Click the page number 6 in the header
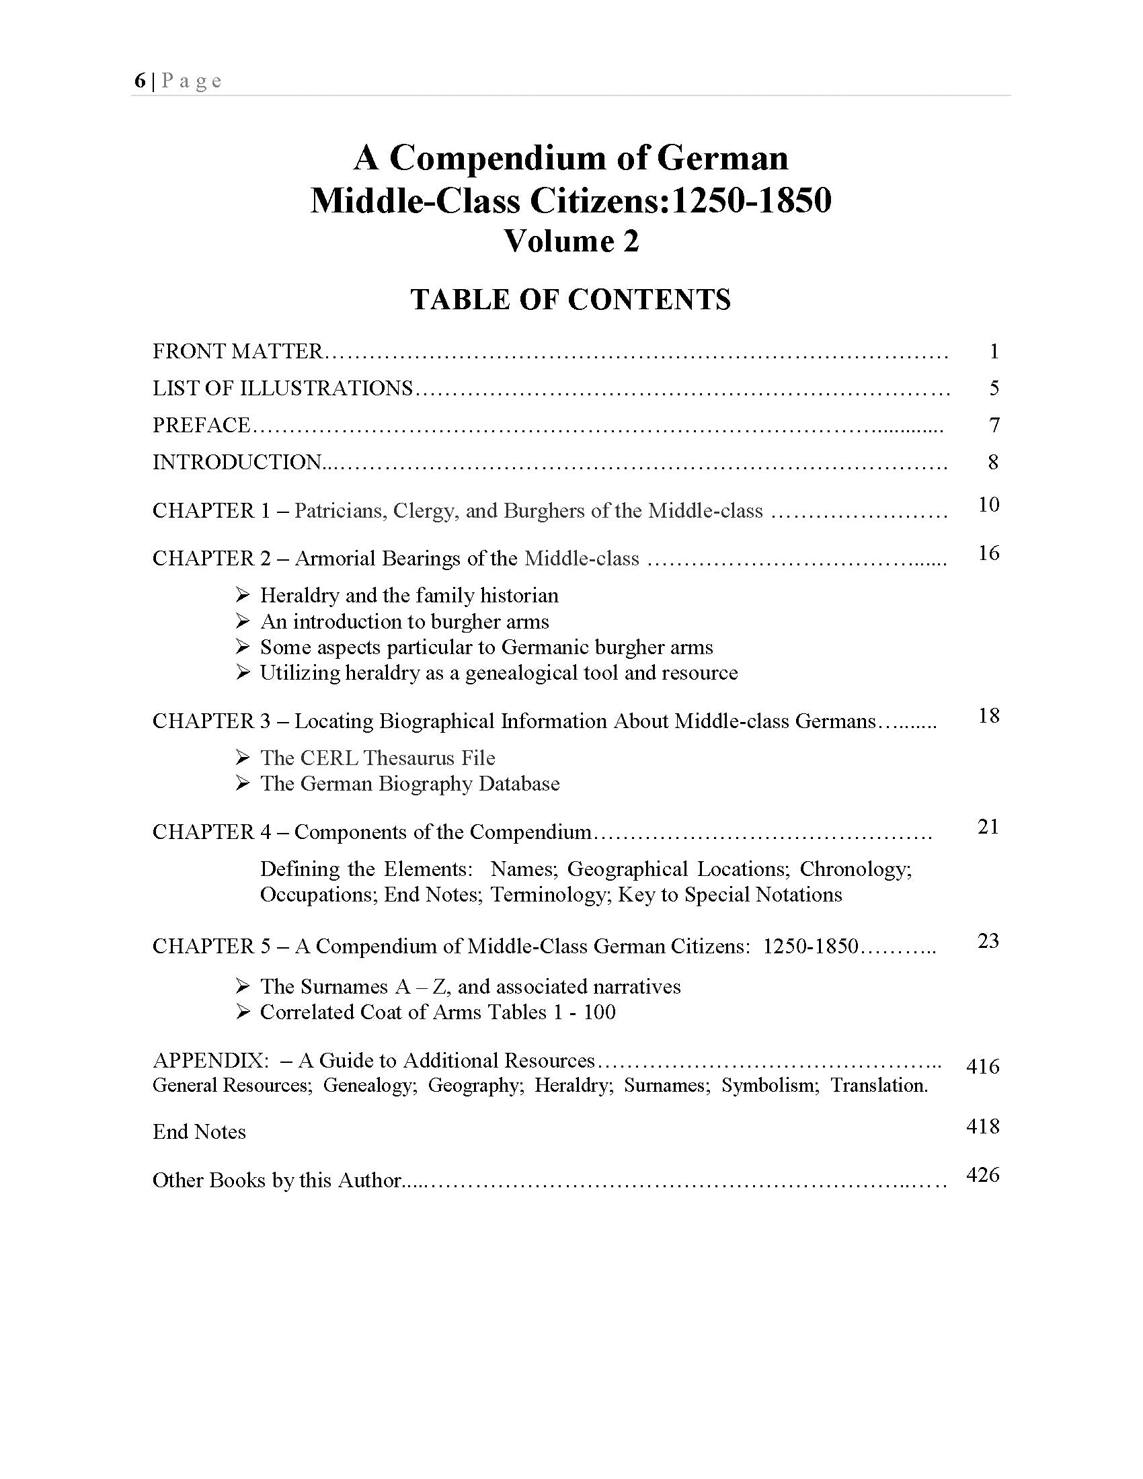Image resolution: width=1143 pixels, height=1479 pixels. [139, 81]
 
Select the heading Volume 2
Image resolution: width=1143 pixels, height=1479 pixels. [571, 242]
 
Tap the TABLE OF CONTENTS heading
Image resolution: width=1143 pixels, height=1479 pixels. [571, 299]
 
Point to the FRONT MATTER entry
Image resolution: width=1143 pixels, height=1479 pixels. [237, 352]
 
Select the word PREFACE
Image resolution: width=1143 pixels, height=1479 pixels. [201, 426]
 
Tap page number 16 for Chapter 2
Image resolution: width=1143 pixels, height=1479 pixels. [988, 553]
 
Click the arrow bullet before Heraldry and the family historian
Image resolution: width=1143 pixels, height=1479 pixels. [243, 595]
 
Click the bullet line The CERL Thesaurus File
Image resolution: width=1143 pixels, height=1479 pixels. [377, 758]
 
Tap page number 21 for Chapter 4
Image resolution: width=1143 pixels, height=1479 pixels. [988, 827]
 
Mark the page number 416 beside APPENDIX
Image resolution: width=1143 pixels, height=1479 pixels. [982, 1067]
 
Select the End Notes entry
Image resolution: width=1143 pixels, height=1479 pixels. [199, 1131]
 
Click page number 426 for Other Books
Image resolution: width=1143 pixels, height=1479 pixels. [982, 1175]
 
